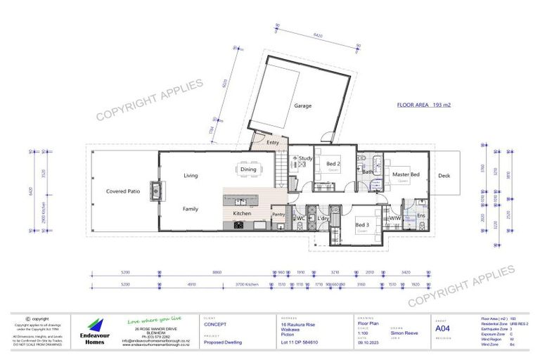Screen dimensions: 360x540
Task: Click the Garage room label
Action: (x=303, y=106)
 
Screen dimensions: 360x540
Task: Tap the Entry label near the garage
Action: (x=274, y=143)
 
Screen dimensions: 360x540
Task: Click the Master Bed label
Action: (x=406, y=174)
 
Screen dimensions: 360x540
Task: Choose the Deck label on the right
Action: (x=444, y=176)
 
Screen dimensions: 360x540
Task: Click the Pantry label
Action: (x=278, y=214)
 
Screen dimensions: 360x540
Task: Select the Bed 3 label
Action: (x=361, y=224)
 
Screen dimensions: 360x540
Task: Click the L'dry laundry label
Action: (x=323, y=219)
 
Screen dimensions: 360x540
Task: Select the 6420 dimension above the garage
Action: (x=317, y=34)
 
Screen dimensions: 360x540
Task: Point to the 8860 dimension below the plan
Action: (x=217, y=271)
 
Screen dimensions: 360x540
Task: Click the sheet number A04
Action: (x=442, y=328)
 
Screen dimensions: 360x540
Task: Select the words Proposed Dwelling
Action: (x=222, y=342)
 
